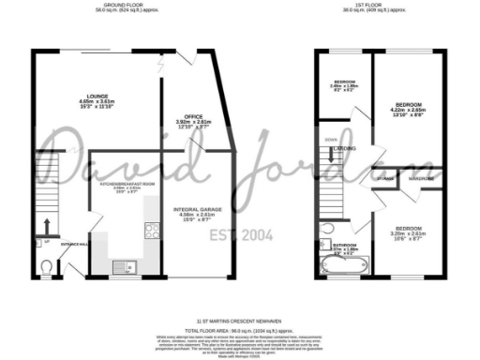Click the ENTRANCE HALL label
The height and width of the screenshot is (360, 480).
(x=74, y=245)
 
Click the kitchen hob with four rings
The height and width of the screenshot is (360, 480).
(x=149, y=229)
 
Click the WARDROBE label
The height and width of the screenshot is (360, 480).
(x=420, y=177)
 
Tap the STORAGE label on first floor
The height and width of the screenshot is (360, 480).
(x=359, y=177)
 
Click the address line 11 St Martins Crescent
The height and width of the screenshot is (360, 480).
(x=240, y=320)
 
